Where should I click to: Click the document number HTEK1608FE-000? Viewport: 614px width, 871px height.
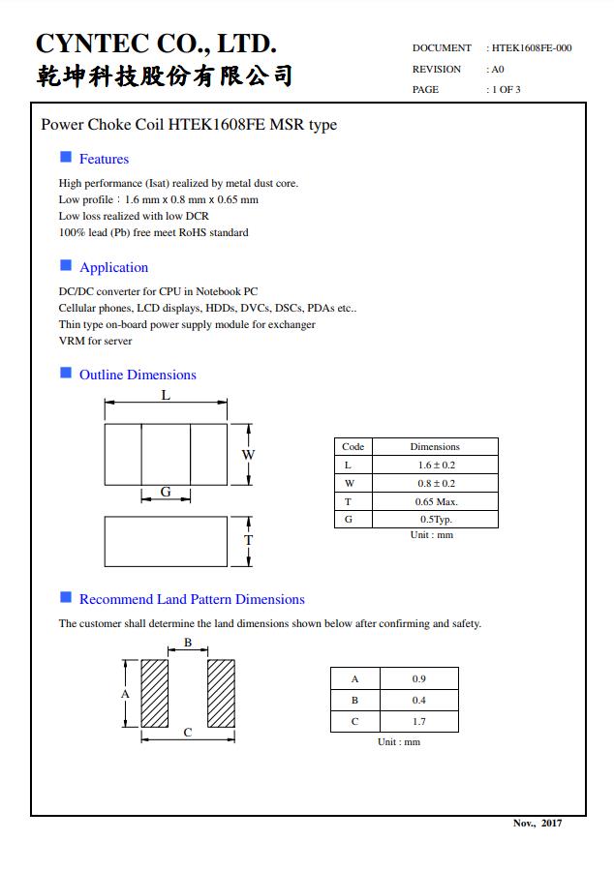tap(532, 47)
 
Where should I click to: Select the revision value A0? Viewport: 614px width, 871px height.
tap(498, 69)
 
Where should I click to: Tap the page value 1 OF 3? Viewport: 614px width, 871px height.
tap(506, 90)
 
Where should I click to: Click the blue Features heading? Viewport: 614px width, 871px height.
tap(104, 159)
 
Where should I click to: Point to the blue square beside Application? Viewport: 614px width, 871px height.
tap(66, 265)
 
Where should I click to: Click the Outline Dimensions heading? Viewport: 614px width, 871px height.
tap(138, 375)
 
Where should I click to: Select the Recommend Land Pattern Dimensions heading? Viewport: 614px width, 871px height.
tap(192, 599)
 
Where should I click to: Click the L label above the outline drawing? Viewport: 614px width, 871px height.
tap(166, 396)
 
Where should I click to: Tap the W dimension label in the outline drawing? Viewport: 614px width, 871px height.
tap(248, 455)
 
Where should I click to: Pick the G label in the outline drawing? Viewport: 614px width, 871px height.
tap(166, 492)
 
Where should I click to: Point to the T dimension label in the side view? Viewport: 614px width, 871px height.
tap(248, 540)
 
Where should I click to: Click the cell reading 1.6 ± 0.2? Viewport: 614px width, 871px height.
tap(435, 465)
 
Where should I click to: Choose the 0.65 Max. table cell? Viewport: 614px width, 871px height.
tap(435, 501)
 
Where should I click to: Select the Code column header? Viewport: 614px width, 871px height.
tap(353, 446)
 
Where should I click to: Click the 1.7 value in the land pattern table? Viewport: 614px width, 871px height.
tap(418, 721)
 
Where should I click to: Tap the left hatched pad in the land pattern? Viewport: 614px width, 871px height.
tap(155, 693)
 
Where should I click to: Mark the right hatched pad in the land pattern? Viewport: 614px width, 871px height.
tap(221, 693)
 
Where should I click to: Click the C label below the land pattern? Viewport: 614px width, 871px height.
tap(188, 733)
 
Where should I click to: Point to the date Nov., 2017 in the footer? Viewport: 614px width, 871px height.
tap(537, 823)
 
